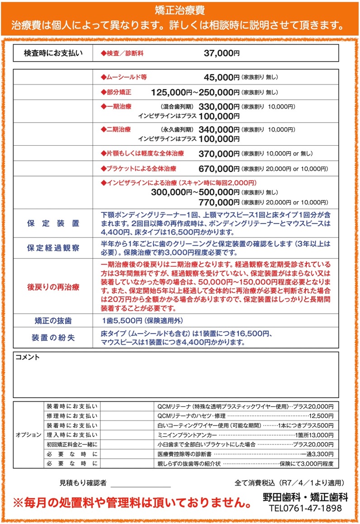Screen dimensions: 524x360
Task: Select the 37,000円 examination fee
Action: (222, 53)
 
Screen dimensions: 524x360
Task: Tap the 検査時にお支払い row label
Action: (53, 53)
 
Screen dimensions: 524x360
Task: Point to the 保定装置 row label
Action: (53, 224)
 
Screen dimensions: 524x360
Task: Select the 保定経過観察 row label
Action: (53, 248)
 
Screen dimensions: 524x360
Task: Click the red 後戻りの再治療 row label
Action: (53, 287)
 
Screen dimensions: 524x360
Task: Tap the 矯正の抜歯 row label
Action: (53, 321)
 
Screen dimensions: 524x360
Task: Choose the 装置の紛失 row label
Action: (53, 338)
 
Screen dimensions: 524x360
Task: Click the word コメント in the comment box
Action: (28, 357)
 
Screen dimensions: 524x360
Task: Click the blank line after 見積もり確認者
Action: (140, 483)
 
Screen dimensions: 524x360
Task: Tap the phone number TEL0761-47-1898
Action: (305, 509)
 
